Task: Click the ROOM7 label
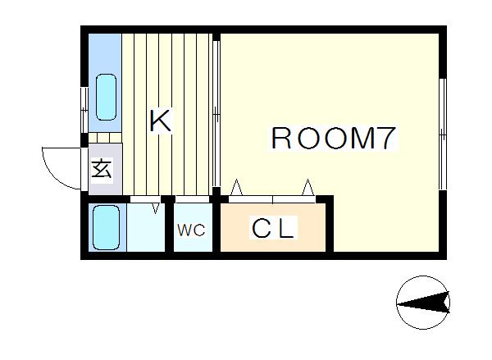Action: (x=333, y=138)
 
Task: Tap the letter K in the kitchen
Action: (x=161, y=121)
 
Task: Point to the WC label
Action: (x=191, y=230)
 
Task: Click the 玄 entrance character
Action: (x=102, y=169)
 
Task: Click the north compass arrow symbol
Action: (x=423, y=303)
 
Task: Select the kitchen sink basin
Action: (x=106, y=97)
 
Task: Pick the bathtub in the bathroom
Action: (x=107, y=227)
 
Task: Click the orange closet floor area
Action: (x=273, y=227)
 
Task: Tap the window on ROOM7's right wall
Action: (x=443, y=134)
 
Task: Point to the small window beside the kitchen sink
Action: (x=84, y=110)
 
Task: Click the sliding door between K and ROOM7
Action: (x=216, y=114)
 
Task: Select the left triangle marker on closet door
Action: (x=237, y=187)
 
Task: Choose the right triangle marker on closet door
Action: (x=308, y=187)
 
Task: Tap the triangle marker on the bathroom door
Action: (x=155, y=208)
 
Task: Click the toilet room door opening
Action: (x=192, y=199)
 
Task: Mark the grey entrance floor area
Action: (x=105, y=170)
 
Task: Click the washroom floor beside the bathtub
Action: (x=146, y=227)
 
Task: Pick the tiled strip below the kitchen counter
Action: (x=105, y=138)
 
